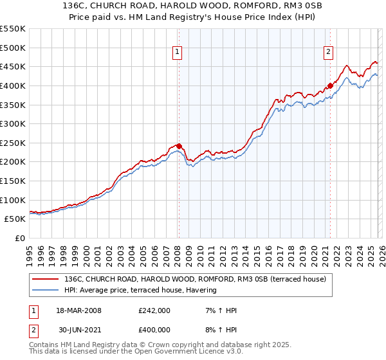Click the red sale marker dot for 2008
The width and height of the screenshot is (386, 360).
coord(179,146)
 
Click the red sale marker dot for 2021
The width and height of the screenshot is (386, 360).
coord(330,85)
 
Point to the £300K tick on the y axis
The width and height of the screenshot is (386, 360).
coord(12,123)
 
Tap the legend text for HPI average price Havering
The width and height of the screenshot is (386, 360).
coord(140,290)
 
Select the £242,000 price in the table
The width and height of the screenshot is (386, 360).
coord(154,310)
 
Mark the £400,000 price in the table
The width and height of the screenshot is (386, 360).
coord(154,329)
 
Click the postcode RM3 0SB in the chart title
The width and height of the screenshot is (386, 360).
coord(284,8)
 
